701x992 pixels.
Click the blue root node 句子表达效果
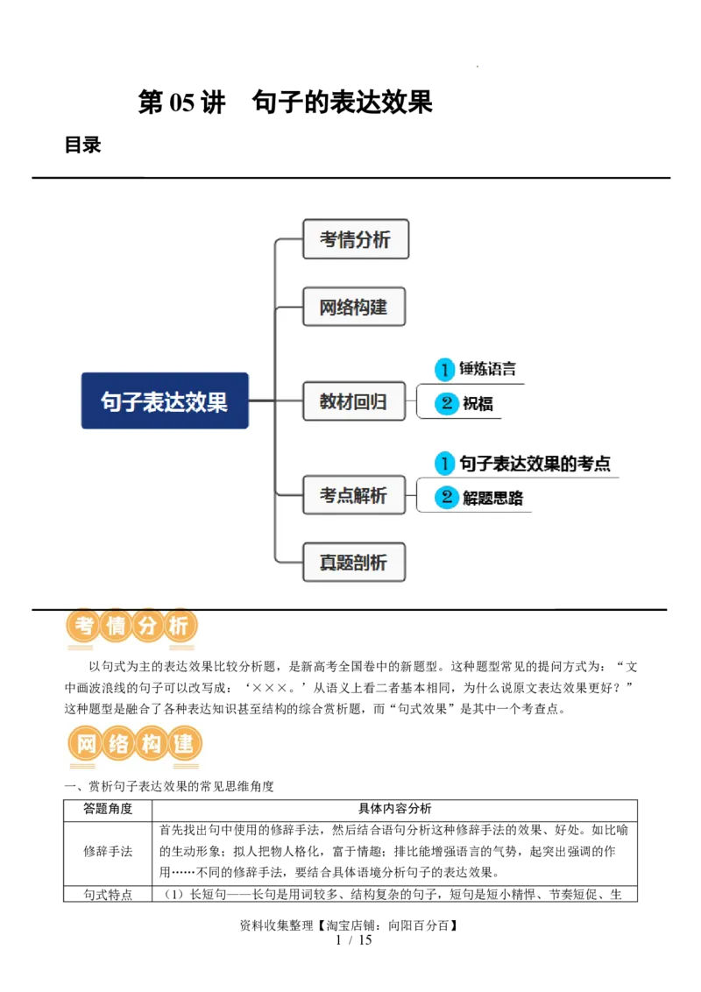click(x=165, y=400)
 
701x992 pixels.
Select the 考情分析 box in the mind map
click(x=356, y=239)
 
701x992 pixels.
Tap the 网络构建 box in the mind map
click(x=354, y=307)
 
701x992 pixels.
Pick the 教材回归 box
click(x=354, y=402)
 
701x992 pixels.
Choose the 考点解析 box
click(x=354, y=495)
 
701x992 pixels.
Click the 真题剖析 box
click(x=354, y=562)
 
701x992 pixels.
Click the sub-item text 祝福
click(x=478, y=404)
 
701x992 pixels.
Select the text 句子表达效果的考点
click(x=535, y=464)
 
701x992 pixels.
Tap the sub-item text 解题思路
click(x=492, y=499)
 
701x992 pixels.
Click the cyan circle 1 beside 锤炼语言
click(x=445, y=370)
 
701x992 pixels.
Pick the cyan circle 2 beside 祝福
click(x=447, y=404)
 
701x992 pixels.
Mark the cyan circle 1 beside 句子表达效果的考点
click(x=445, y=464)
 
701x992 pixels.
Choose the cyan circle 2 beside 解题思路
click(x=447, y=499)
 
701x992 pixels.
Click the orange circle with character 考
click(x=83, y=627)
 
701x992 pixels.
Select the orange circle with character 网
click(x=86, y=745)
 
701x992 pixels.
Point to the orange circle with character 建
click(x=184, y=745)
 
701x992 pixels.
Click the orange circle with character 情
click(x=116, y=627)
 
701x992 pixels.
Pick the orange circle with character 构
click(x=151, y=745)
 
